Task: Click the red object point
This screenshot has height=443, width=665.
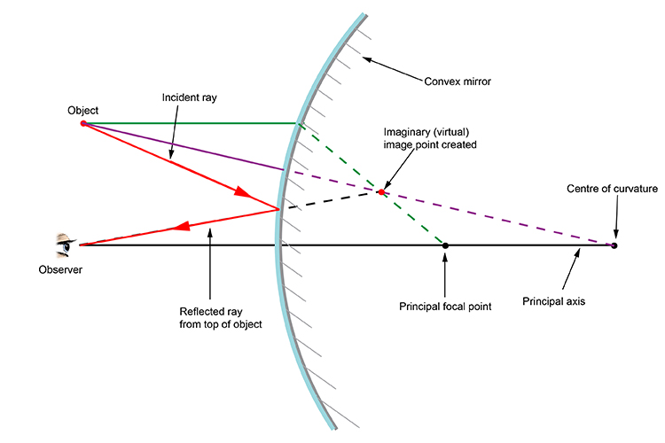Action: (83, 123)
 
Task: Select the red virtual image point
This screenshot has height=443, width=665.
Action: (381, 191)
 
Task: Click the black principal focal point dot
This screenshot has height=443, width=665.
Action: (445, 245)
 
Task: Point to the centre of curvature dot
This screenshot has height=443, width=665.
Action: (614, 245)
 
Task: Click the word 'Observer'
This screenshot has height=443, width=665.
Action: (60, 269)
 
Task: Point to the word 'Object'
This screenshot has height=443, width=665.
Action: (82, 110)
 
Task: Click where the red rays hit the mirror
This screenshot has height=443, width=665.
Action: (280, 209)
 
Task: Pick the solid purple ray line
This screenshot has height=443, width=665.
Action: (186, 146)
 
